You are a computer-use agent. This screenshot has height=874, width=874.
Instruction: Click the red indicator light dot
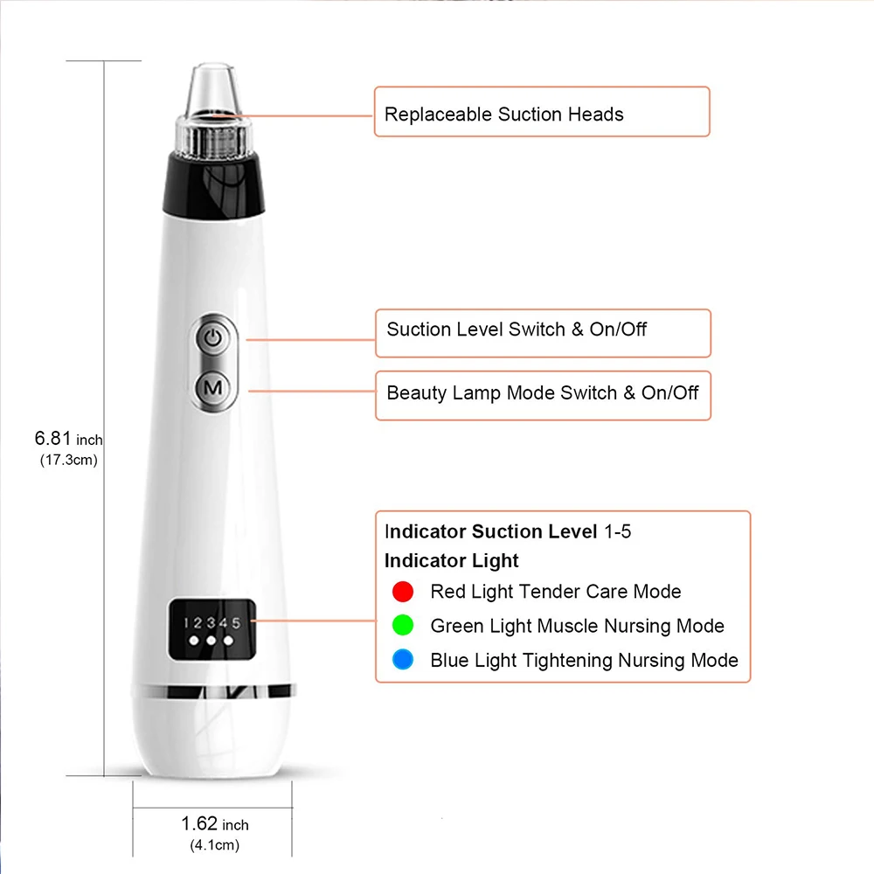pos(403,592)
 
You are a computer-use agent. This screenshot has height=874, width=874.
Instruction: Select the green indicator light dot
pos(403,626)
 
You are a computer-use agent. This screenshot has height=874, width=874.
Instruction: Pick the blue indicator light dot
pos(403,660)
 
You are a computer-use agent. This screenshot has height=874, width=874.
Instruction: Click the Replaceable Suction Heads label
pos(504,114)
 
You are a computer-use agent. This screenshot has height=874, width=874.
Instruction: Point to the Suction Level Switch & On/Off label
pos(517,329)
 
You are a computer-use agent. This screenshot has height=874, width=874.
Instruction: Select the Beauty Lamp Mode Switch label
pos(542,392)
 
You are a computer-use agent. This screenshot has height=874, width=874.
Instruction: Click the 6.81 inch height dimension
pos(69,439)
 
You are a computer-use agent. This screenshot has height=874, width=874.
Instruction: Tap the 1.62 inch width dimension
pos(215,823)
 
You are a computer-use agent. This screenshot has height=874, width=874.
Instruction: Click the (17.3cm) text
pos(69,461)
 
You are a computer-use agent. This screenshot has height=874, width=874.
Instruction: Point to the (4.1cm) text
pos(214,845)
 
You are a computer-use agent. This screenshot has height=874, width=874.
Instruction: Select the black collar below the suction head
pos(214,184)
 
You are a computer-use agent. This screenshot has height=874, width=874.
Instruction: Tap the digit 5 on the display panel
pos(236,622)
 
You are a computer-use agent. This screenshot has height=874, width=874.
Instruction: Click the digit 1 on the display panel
pos(186,622)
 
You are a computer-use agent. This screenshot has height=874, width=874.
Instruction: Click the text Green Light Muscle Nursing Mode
pos(577,626)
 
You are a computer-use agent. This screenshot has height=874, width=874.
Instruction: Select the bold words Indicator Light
pos(452,561)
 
